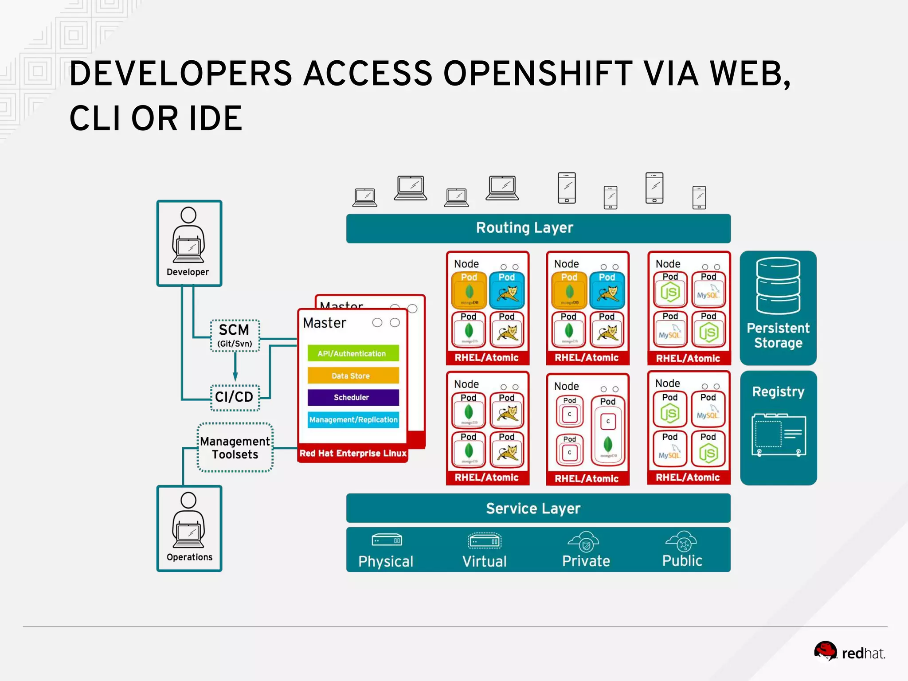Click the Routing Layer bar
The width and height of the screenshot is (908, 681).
pos(538,228)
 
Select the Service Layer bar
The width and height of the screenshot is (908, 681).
pos(538,508)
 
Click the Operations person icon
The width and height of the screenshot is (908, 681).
pos(188,521)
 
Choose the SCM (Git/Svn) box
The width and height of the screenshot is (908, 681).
pos(235,336)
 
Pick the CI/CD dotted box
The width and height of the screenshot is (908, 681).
pos(235,397)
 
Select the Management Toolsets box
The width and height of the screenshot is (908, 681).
pos(235,448)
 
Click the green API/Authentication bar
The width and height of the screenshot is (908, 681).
pos(353,353)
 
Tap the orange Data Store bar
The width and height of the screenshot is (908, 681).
pos(353,376)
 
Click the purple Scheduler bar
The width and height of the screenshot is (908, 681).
pos(353,397)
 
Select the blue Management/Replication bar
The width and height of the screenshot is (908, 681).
pos(353,419)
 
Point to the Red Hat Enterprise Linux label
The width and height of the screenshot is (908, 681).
pos(353,453)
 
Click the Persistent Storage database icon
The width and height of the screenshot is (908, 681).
pos(778,286)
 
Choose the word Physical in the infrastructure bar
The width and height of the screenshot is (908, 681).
pos(386,561)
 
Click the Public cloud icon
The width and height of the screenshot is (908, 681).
pos(681,541)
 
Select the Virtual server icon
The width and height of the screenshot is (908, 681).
pos(485,541)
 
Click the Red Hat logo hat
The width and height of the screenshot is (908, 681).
pos(825,651)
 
